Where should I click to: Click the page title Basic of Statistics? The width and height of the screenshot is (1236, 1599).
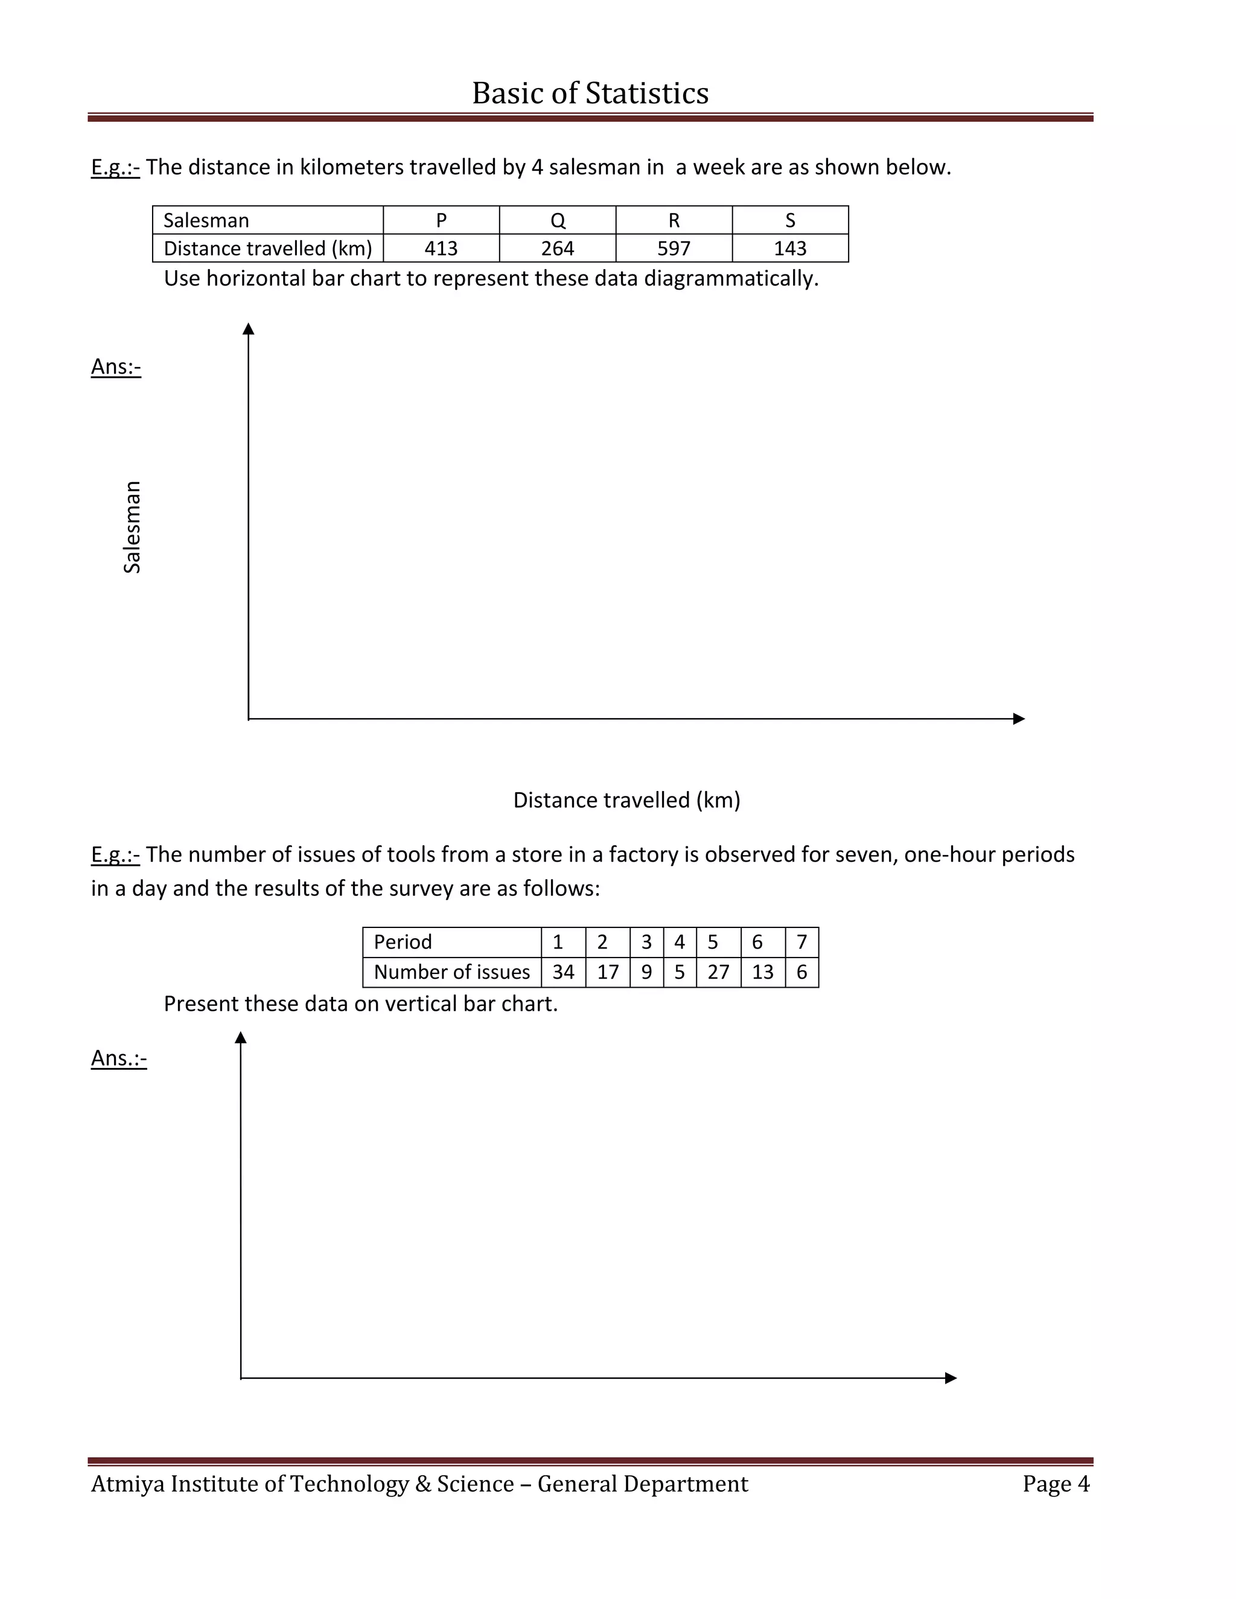(590, 93)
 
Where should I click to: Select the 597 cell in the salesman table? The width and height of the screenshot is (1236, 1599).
(674, 248)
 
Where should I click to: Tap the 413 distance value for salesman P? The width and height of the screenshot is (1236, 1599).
(441, 248)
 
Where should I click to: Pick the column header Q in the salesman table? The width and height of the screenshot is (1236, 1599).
(557, 220)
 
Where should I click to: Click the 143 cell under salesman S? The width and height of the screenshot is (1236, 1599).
(790, 248)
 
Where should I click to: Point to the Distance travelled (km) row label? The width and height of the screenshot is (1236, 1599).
(268, 248)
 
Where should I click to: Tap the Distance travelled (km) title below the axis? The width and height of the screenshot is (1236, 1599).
(627, 800)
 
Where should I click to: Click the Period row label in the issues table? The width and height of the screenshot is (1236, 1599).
(403, 941)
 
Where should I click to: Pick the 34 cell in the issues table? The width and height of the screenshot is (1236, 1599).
(563, 971)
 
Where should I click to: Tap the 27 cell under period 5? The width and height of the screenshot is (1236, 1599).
(718, 971)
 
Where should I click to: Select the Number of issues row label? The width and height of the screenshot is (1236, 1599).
(452, 971)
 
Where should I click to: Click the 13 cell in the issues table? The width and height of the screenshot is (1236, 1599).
(762, 971)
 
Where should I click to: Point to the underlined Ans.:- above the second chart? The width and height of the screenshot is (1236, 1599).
(119, 1058)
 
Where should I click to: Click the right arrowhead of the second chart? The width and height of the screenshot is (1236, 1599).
(951, 1378)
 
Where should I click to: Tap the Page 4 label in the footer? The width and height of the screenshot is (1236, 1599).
(1056, 1483)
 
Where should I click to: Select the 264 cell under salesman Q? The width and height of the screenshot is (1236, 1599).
(557, 248)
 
